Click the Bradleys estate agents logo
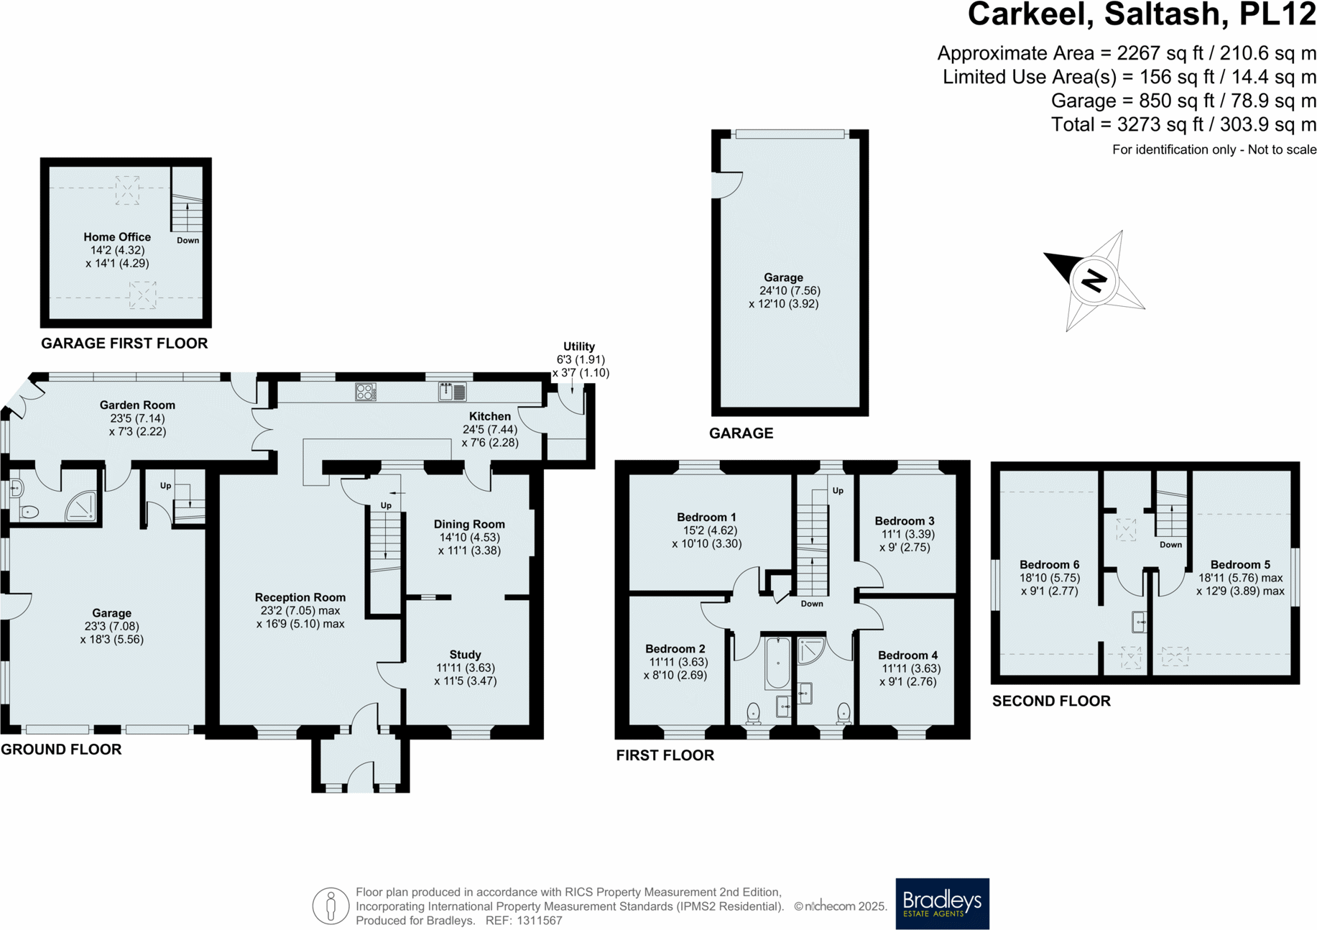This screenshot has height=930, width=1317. pyautogui.click(x=942, y=903)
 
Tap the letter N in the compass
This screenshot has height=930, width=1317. pyautogui.click(x=1094, y=280)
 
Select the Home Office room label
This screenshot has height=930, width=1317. pyautogui.click(x=117, y=237)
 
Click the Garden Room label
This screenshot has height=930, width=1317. pyautogui.click(x=137, y=405)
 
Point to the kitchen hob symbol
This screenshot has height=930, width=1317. pyautogui.click(x=366, y=392)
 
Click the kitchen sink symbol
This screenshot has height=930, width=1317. pyautogui.click(x=453, y=392)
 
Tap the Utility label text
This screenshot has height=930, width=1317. pyautogui.click(x=579, y=346)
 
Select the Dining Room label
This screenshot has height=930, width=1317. pyautogui.click(x=469, y=525)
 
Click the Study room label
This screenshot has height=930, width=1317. pyautogui.click(x=465, y=655)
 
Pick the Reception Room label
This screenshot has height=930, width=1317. pyautogui.click(x=300, y=597)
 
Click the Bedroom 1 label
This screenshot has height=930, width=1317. pyautogui.click(x=706, y=517)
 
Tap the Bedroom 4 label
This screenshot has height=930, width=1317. pyautogui.click(x=907, y=655)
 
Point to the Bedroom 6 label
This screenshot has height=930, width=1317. pyautogui.click(x=1049, y=565)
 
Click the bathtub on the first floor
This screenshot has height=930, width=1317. pyautogui.click(x=777, y=662)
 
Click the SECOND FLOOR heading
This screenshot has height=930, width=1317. pyautogui.click(x=1051, y=701)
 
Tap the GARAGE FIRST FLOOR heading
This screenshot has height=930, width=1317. pyautogui.click(x=124, y=344)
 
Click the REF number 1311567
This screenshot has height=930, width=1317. pyautogui.click(x=539, y=921)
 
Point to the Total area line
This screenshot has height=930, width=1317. pyautogui.click(x=1183, y=125)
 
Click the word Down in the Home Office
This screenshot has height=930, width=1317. pyautogui.click(x=188, y=241)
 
